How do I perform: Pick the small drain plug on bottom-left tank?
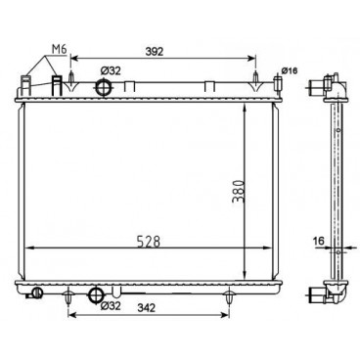37,292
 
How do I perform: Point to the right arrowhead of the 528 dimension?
269,246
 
